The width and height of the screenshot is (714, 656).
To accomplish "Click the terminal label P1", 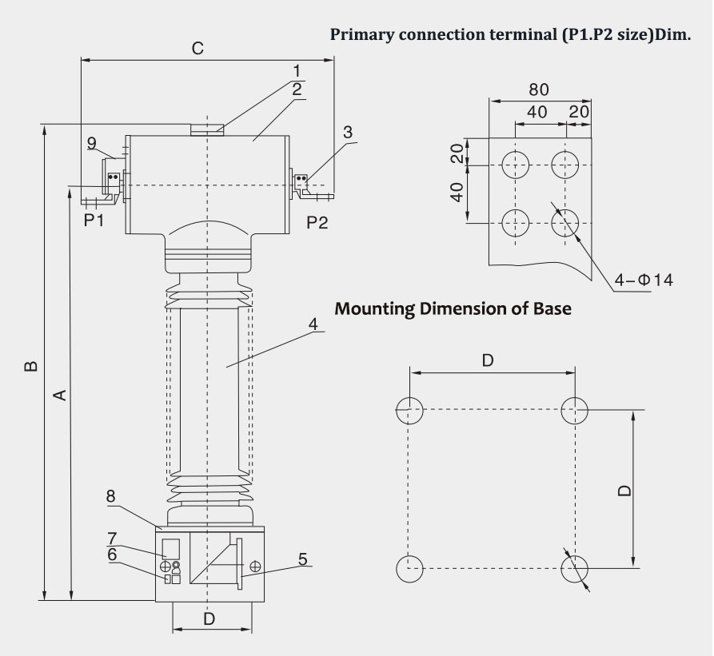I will [94, 221].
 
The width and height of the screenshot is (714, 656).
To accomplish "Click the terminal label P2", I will [317, 222].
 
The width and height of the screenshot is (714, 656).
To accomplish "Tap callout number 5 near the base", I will [303, 559].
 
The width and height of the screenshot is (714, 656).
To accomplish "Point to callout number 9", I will [92, 143].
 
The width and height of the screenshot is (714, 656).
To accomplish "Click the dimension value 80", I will [539, 89].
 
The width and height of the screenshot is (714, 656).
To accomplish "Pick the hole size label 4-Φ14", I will [644, 280].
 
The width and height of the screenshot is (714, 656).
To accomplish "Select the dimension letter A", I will [58, 394].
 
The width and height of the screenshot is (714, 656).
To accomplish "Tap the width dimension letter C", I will [197, 49].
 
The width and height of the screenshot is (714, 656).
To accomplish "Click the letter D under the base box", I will [209, 618].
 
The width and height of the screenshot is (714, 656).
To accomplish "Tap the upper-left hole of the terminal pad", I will [516, 165].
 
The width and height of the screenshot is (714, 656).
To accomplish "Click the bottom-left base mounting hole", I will [409, 569].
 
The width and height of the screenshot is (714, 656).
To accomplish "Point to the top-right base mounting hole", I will [574, 410].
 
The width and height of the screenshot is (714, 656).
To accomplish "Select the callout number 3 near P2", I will [348, 132].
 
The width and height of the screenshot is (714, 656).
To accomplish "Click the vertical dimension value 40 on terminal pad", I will [457, 193].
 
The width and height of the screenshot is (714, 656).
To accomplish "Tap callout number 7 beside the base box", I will [112, 537].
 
